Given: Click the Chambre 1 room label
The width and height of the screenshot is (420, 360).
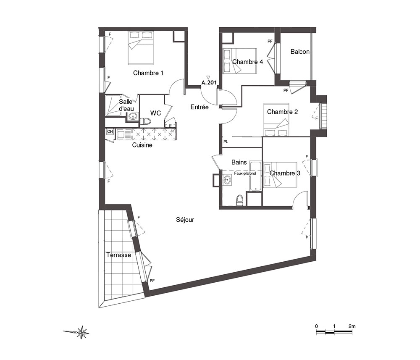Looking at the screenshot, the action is pos(148,73).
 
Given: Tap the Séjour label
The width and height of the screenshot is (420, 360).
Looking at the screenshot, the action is pos(185,220).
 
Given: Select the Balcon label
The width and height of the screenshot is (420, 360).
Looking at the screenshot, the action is pos(300,51).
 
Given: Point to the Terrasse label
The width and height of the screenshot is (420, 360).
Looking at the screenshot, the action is pos(119,255).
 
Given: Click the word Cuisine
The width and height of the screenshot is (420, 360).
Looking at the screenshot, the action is pos(142,145).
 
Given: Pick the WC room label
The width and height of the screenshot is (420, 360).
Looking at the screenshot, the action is pos(156,113).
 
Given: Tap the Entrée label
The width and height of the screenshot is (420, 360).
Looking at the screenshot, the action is pos(199,107).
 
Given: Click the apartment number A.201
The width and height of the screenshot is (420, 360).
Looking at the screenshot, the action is pos(209,83).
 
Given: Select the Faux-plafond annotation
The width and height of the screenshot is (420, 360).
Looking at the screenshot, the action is pos(245,173).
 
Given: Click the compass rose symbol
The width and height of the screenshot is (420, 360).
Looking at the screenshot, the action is pos(82,332).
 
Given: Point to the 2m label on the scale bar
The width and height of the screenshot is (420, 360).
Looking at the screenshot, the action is pos(352,326).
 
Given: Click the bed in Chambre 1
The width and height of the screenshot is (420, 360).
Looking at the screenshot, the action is pos(141,48).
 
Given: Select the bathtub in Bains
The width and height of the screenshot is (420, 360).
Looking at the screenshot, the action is pos(255,176).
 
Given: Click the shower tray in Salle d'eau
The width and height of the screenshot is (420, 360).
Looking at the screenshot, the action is pos(113,105).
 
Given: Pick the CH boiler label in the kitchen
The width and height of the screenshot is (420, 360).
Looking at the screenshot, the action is pos(110,131).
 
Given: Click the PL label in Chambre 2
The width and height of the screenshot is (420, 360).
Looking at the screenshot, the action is pos(226,142).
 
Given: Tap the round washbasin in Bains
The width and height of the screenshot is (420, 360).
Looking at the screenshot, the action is pos(227,179).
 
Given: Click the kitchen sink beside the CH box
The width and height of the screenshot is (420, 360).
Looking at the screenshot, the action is pos(124,134).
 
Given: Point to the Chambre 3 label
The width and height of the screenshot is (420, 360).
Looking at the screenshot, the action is pos(285,173).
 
